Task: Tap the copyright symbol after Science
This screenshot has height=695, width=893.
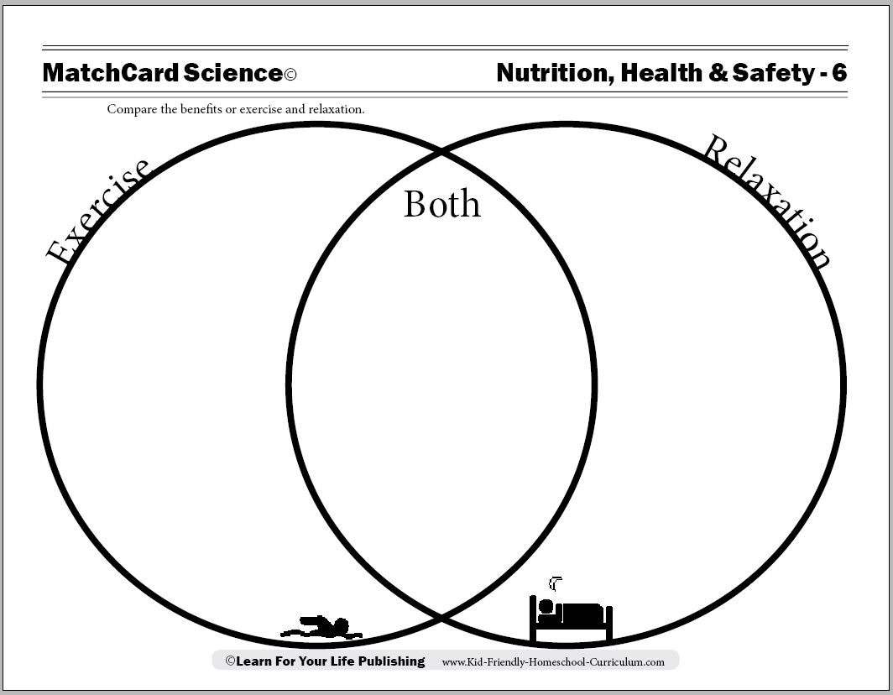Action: pos(290,75)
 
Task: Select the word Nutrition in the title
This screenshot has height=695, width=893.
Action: pos(556,73)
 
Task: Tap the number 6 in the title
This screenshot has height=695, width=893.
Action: pos(839,73)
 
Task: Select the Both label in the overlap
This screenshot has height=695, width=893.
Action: pos(442,203)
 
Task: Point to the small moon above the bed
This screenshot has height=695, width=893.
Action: pos(556,584)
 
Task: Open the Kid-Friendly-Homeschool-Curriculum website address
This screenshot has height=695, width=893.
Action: pos(553,662)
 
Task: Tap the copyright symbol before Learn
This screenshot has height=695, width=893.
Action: pos(230,661)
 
